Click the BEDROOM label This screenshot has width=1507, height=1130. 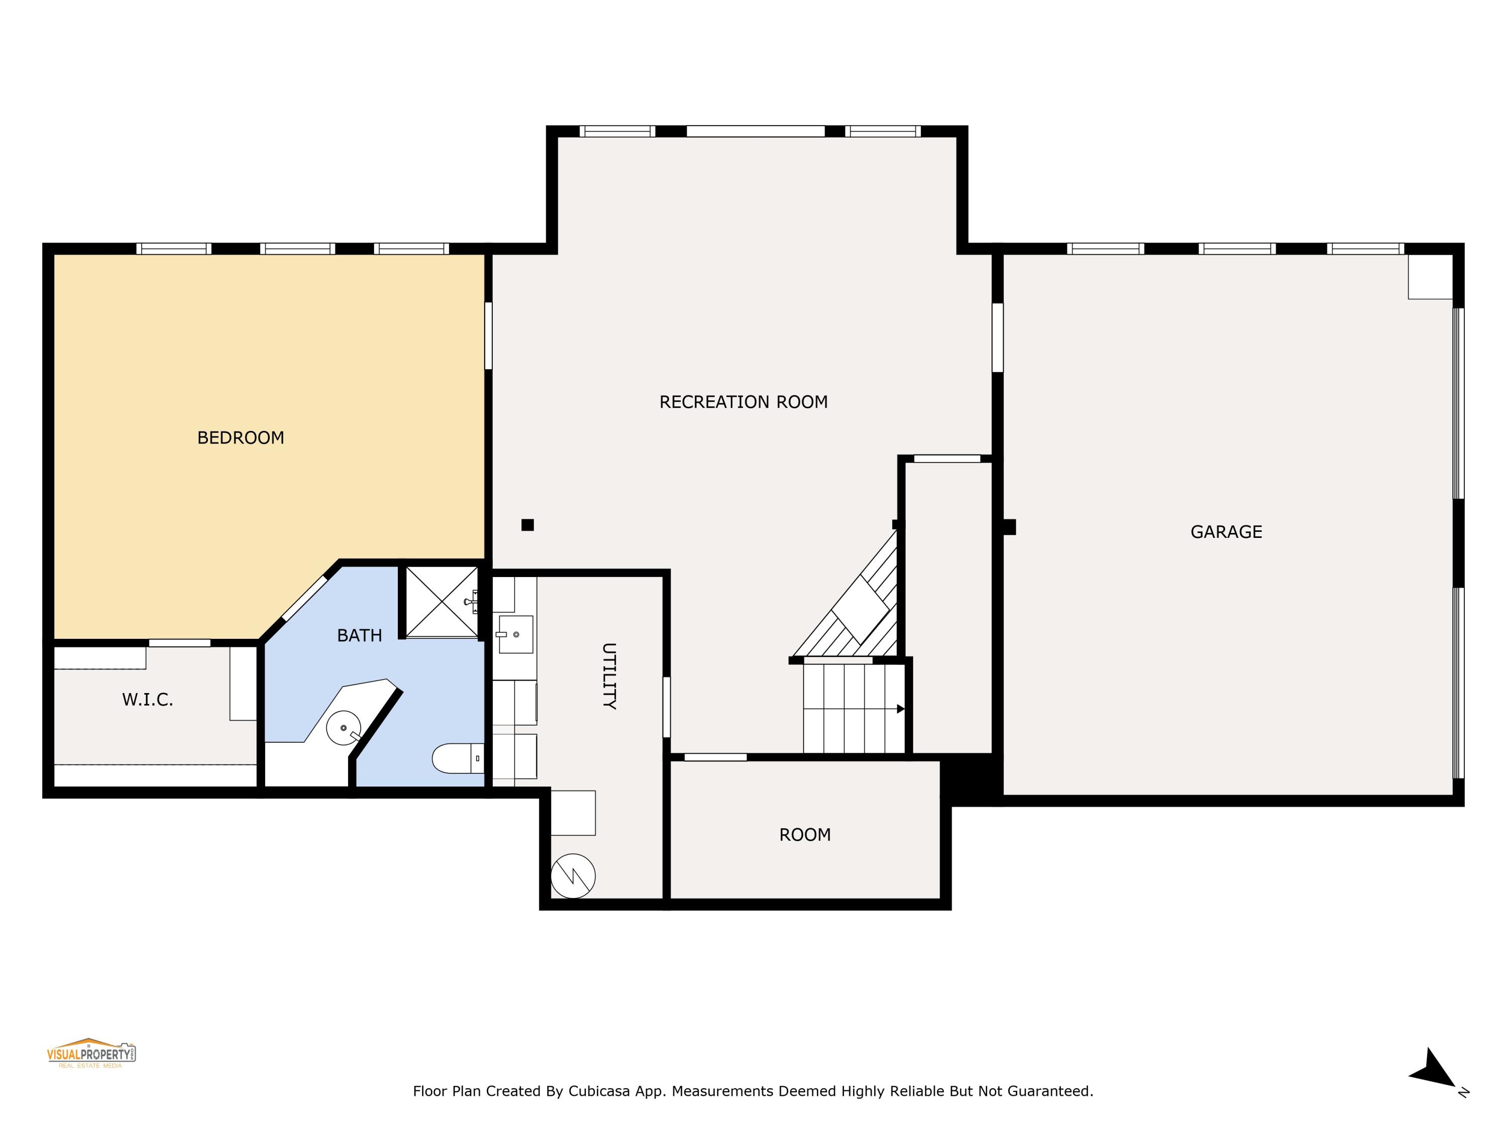[241, 438]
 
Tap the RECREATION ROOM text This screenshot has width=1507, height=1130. [743, 403]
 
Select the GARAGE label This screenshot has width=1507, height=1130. [1226, 532]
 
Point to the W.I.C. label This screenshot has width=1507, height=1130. [148, 700]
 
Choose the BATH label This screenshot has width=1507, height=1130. [359, 635]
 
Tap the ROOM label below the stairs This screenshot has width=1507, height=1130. [805, 835]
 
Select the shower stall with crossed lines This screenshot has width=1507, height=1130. [442, 602]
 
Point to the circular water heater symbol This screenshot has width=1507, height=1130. [573, 876]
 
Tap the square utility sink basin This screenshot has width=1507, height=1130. [516, 634]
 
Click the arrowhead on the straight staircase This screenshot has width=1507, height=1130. [900, 709]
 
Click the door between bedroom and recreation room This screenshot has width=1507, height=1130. [488, 336]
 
